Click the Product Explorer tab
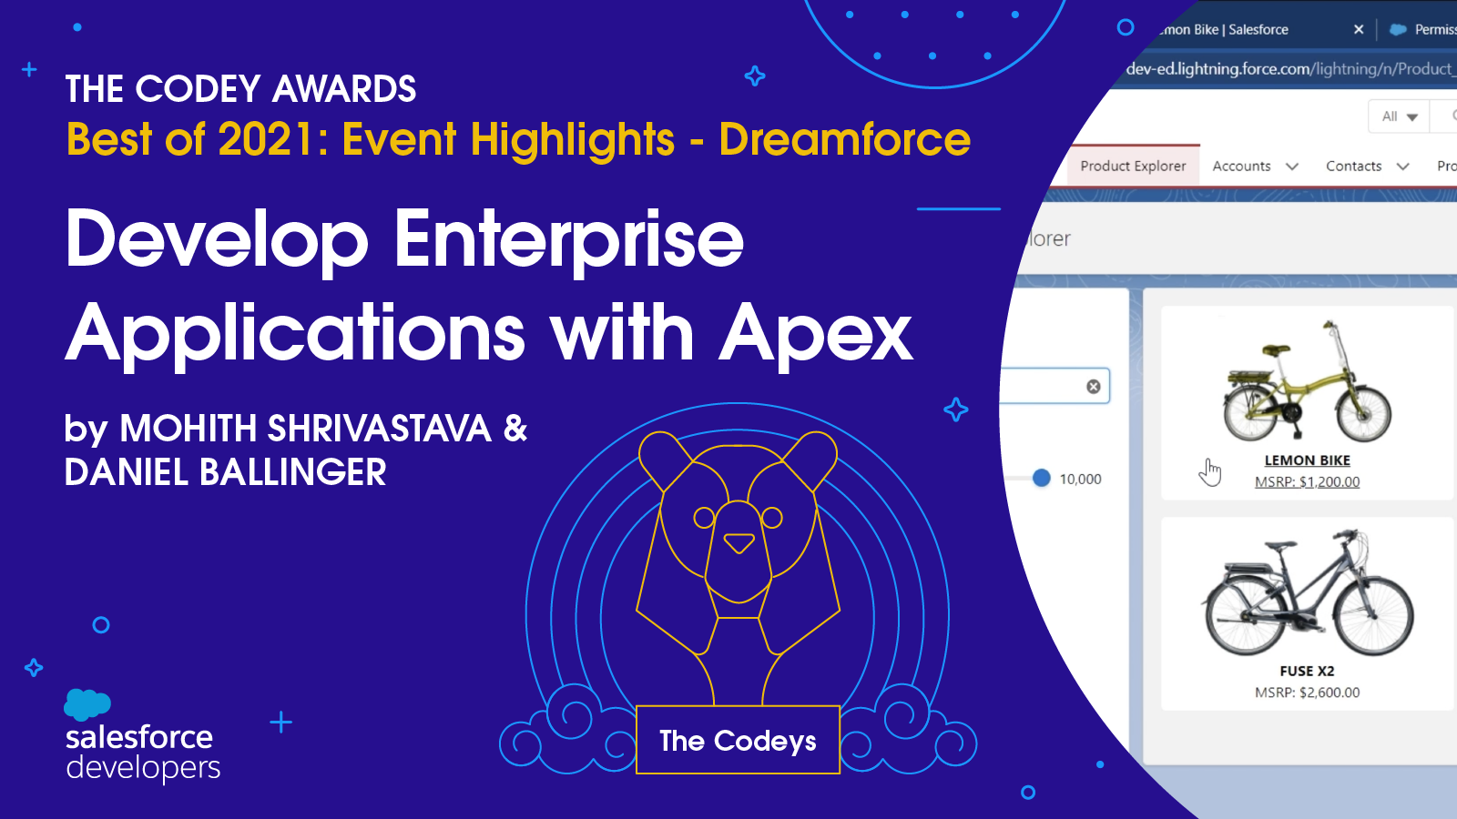[1133, 166]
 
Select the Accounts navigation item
[1241, 166]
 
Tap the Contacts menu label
[1353, 166]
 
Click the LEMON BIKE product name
[1308, 460]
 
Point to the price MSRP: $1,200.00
[1308, 481]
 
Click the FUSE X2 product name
[1308, 671]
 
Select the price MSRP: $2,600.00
[1308, 693]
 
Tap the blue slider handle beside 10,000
[1042, 479]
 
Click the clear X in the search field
[1094, 387]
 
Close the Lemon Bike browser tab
[1359, 29]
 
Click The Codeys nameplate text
[738, 741]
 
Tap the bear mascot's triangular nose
[739, 542]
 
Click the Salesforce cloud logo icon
[87, 704]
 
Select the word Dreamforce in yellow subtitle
[844, 139]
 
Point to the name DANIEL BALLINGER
[225, 472]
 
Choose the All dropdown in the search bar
[1399, 116]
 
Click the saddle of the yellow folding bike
[1276, 349]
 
